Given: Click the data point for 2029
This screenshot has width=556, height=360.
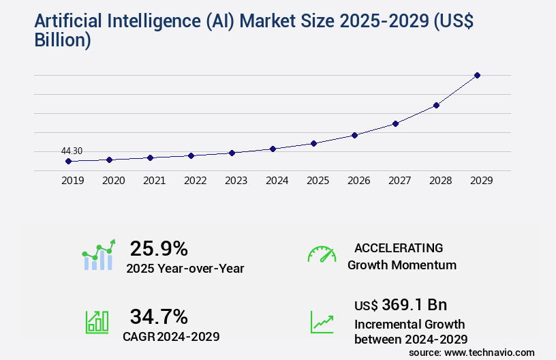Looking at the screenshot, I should pos(477,75).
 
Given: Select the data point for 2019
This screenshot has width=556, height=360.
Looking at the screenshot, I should pos(68,162).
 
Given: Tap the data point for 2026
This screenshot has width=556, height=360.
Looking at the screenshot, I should pos(354,135).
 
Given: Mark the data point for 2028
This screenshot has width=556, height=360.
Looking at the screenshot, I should pos(436,105).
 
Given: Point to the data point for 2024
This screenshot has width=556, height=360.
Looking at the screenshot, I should pos(273,149).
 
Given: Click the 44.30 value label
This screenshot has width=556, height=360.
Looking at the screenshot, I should pos(72,151).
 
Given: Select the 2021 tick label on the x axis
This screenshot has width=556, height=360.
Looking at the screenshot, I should pos(154,181).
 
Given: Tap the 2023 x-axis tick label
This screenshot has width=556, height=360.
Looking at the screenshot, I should pos(236,181).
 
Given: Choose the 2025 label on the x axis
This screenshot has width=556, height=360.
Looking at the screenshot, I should pos(318,181).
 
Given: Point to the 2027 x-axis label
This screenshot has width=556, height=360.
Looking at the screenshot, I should pos(399,181).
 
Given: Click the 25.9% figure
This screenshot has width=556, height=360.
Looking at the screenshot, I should pos(159,248).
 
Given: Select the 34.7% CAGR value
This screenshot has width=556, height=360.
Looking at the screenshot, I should pos(159,316).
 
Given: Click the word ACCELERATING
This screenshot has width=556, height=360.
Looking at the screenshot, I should pos(399,248).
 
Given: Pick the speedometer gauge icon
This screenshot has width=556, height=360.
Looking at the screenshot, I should pos(322,254).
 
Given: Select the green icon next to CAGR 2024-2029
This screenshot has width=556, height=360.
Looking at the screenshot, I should pos(97,322).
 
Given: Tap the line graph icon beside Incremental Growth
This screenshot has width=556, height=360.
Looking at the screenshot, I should pos(322,322).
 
